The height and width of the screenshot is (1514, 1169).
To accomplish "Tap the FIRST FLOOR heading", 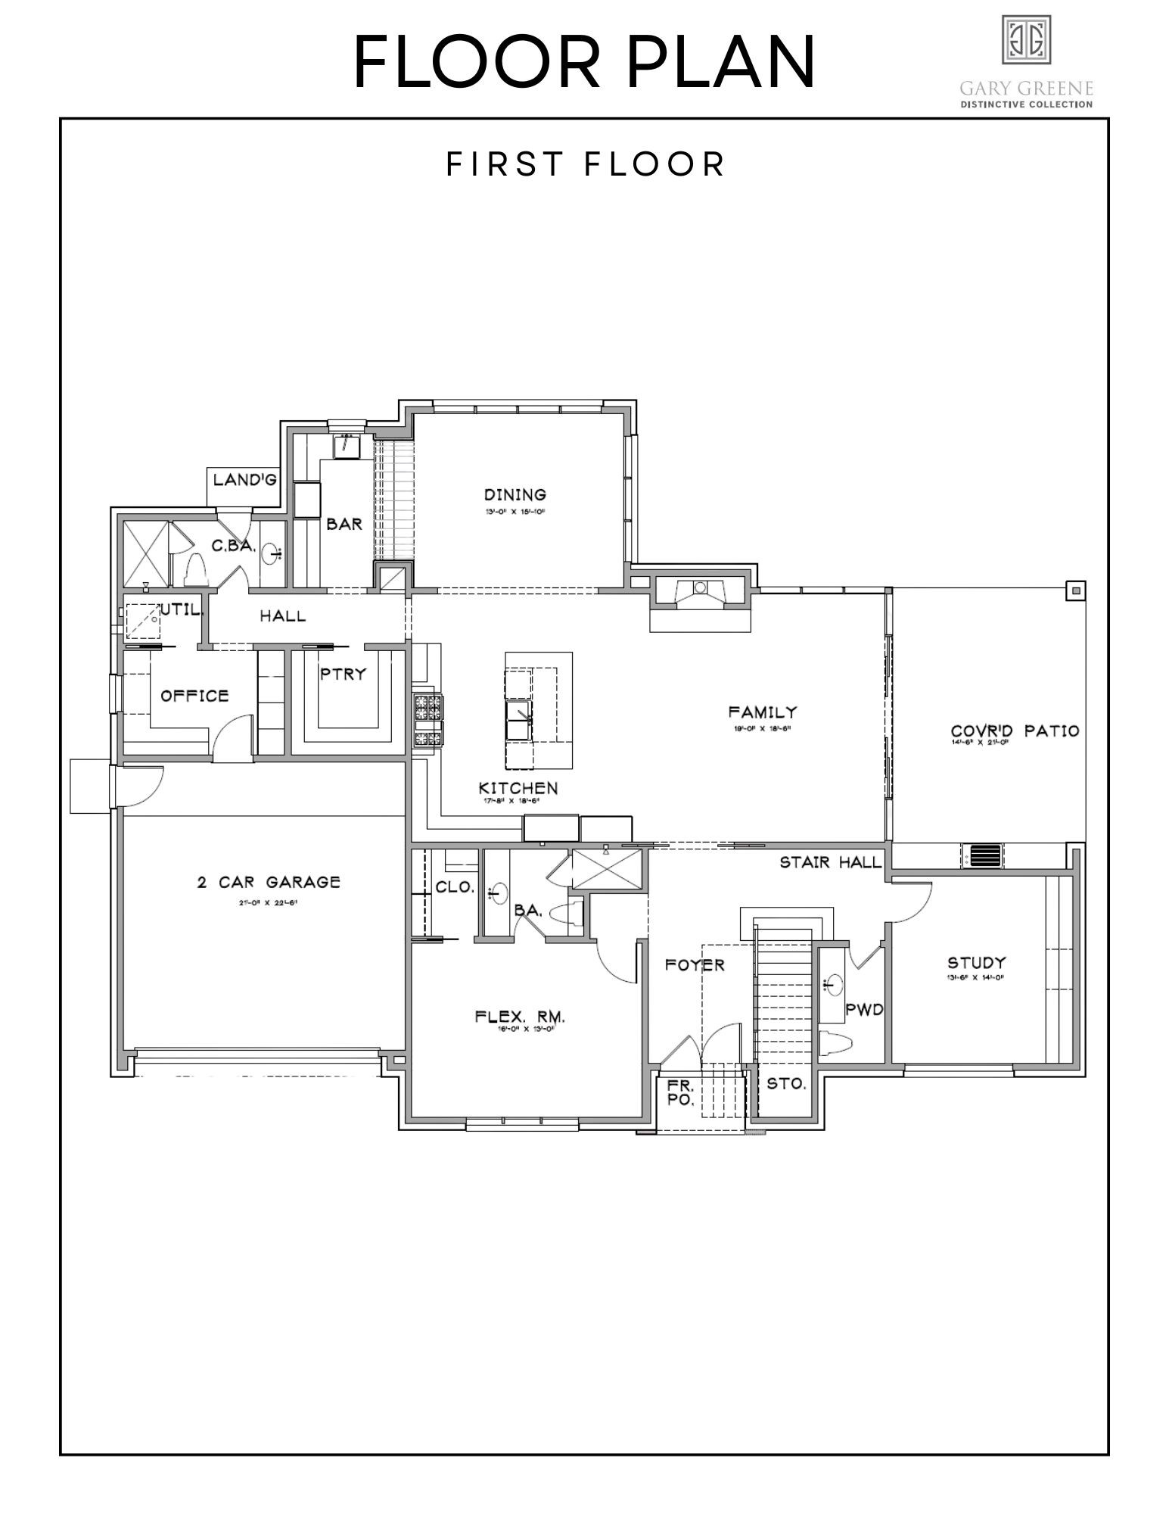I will [586, 164].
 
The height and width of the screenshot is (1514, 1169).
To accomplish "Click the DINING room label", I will [515, 495].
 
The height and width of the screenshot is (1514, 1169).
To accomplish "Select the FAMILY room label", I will [763, 712].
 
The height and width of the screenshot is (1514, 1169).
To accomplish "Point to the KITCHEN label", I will [519, 788].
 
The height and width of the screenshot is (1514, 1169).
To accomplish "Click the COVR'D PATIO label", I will [1015, 731].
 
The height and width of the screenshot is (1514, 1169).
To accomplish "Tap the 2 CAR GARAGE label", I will [269, 882].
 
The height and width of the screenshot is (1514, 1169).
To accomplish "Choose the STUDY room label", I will [977, 963].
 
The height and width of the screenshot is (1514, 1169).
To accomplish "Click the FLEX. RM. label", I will [521, 1017].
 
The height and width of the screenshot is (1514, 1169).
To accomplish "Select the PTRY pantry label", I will [343, 674].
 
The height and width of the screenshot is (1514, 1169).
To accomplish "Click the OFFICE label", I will [194, 696].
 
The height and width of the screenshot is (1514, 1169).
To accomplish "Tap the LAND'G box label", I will [244, 479].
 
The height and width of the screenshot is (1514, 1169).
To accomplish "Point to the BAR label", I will [344, 524].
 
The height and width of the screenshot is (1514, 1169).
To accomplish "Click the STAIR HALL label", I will [830, 862].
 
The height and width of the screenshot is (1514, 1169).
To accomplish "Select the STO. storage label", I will [786, 1084].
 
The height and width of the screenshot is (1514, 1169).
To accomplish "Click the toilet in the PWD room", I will [835, 1043].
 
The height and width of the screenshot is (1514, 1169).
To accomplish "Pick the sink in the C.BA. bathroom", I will [271, 554].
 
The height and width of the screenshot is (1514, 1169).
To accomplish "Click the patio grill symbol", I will [984, 856].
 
